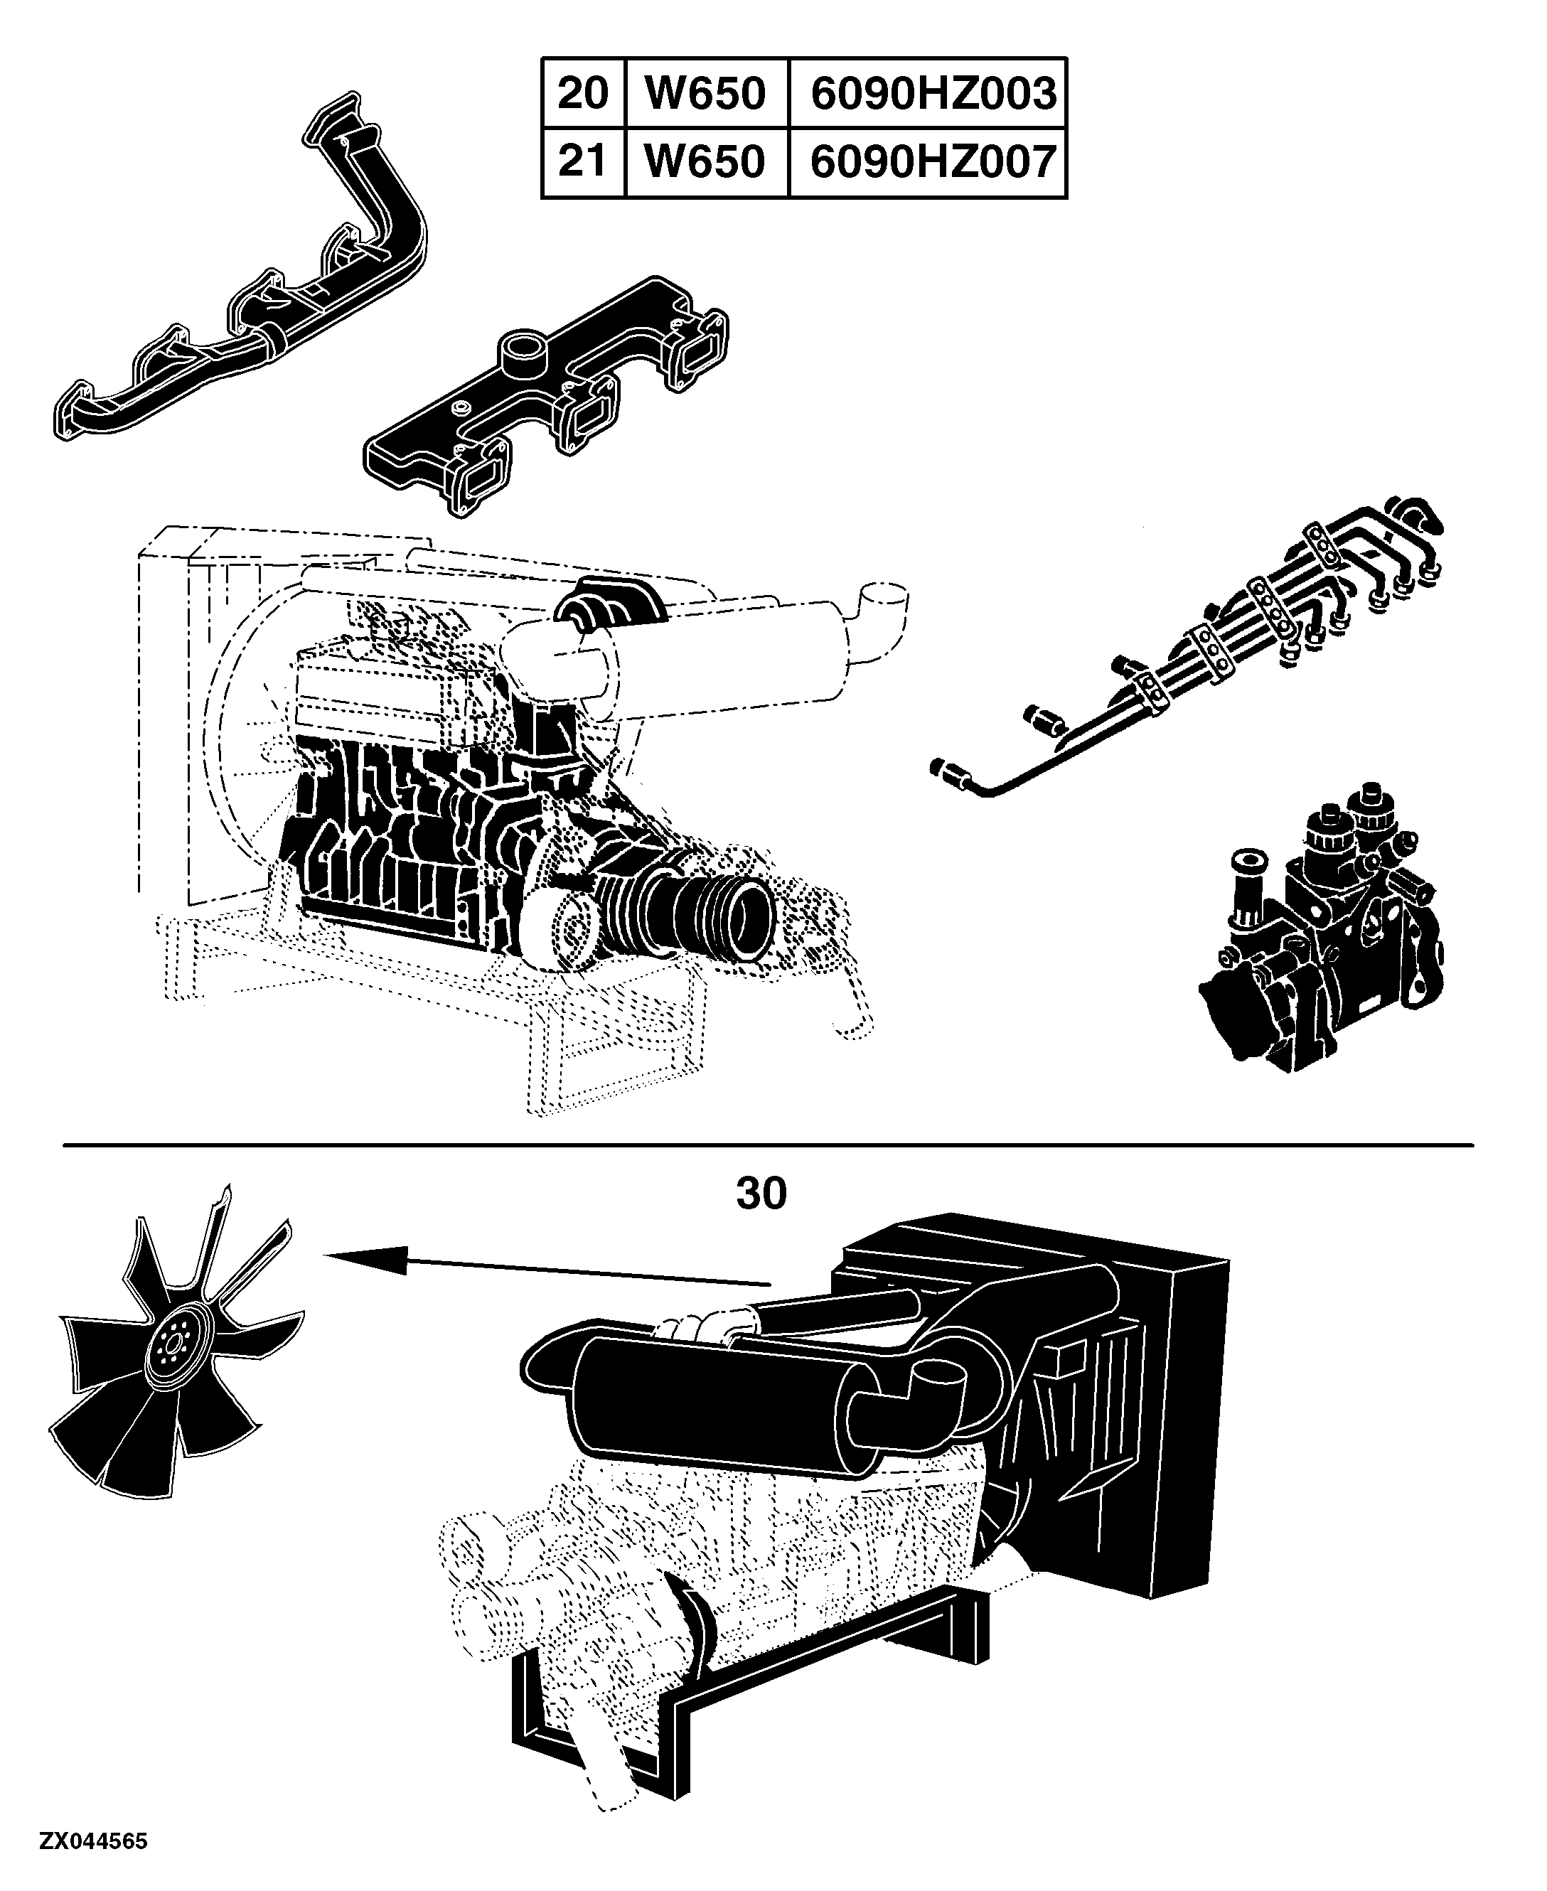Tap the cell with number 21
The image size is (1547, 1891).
[583, 162]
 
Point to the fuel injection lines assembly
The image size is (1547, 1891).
[1185, 646]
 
